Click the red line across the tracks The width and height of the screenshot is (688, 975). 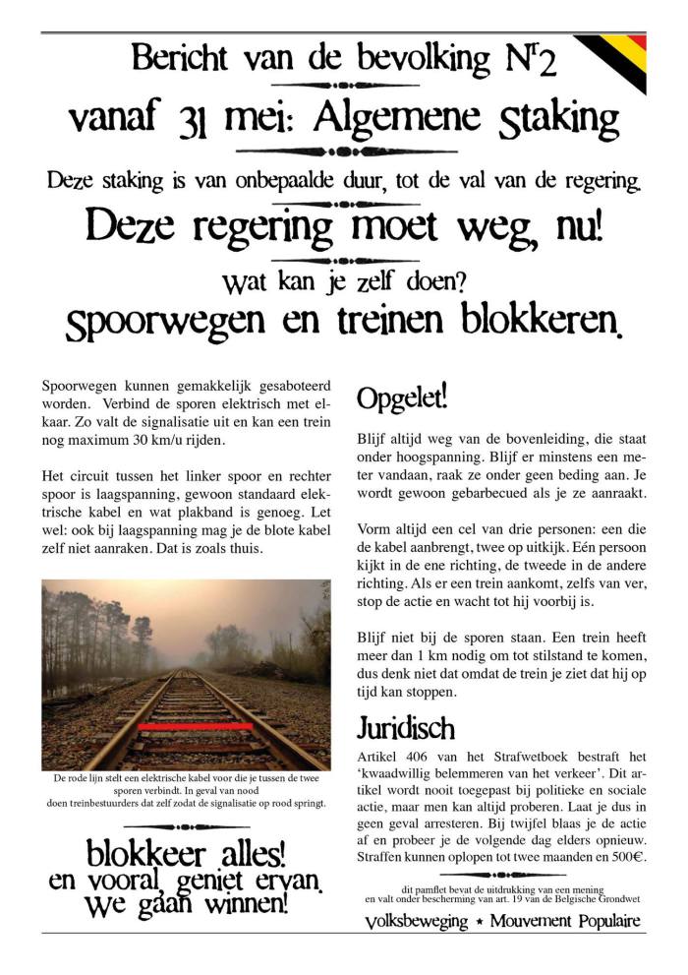click(x=196, y=725)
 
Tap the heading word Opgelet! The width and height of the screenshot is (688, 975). click(x=401, y=397)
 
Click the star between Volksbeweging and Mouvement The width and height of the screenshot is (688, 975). click(x=478, y=922)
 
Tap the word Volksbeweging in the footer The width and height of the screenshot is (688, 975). click(x=417, y=922)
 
